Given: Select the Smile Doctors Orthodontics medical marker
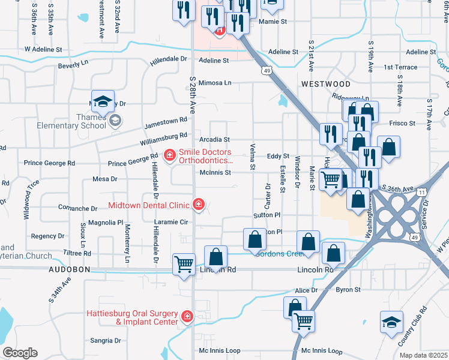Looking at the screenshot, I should point(170,156).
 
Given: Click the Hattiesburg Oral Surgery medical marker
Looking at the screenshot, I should point(188,316).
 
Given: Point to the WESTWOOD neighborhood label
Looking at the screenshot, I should point(326,83).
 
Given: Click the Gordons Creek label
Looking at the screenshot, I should point(277,253).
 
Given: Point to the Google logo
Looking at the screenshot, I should point(19,352).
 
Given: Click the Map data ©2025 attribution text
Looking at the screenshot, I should point(423,355).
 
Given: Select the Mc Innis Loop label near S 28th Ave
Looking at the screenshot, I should point(220,350).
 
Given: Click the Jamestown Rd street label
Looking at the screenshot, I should point(166,124).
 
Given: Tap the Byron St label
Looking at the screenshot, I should point(348,290).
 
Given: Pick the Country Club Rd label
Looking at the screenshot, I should point(414,326).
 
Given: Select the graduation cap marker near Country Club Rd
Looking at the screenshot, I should point(391,322).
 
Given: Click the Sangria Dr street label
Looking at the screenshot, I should point(105,340).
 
